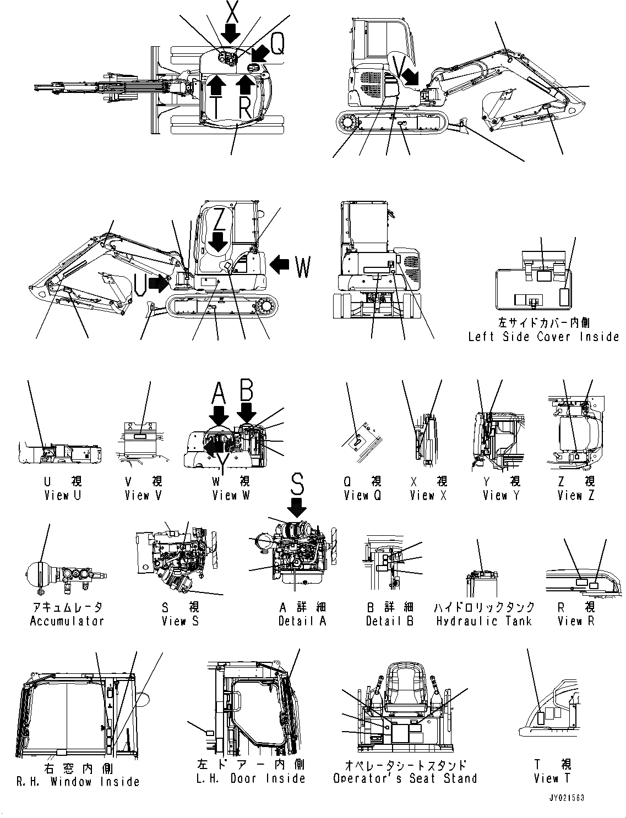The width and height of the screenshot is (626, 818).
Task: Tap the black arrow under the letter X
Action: click(x=232, y=34)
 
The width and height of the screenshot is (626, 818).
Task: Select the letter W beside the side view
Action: click(x=302, y=267)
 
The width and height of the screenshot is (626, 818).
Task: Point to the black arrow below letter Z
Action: click(x=219, y=241)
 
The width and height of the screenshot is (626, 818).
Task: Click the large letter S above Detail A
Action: click(x=297, y=484)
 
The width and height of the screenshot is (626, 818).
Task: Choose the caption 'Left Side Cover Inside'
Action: click(x=543, y=337)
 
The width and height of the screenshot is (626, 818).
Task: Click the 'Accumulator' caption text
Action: click(x=67, y=621)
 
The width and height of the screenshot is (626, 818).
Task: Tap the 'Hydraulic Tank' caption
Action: click(x=484, y=621)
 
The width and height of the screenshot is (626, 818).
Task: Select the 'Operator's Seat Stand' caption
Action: click(x=405, y=778)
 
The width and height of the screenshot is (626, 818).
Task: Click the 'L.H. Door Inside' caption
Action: click(x=251, y=778)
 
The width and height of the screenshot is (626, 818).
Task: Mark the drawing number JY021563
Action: click(x=565, y=797)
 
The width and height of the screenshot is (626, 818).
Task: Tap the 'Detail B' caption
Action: click(x=390, y=621)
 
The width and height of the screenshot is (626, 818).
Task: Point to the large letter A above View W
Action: click(x=219, y=393)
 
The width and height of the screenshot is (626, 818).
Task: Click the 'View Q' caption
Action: click(x=362, y=495)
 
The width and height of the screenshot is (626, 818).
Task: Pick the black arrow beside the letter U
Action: click(x=160, y=283)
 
